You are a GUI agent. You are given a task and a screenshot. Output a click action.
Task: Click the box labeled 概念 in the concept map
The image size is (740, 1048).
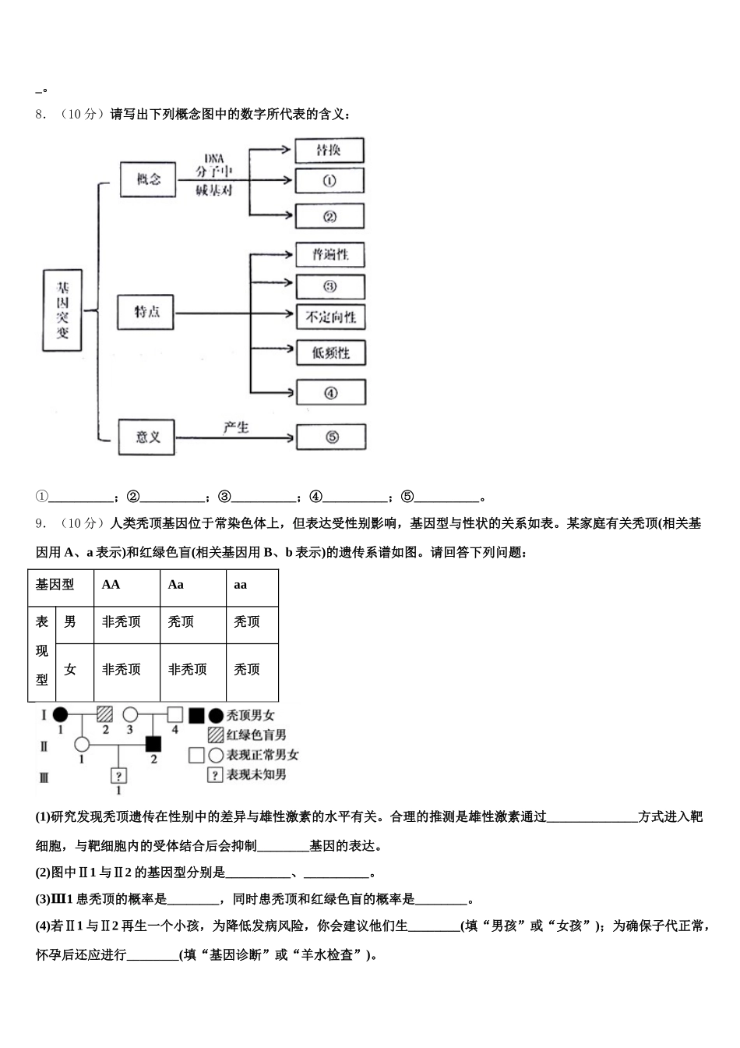(149, 179)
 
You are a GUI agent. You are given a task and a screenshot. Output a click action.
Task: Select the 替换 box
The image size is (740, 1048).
(329, 150)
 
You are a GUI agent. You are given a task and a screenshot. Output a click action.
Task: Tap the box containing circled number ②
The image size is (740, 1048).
(329, 216)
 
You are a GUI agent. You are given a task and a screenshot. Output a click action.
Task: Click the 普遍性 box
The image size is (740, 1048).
(330, 255)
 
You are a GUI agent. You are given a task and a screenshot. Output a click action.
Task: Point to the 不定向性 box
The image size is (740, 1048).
(330, 317)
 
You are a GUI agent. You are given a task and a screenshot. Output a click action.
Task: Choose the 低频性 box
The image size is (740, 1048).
(330, 352)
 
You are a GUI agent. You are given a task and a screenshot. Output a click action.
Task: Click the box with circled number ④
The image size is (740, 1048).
(330, 392)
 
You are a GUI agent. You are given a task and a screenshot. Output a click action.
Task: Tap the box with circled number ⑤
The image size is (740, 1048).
(331, 437)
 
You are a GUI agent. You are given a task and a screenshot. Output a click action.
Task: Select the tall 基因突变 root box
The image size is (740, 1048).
(62, 310)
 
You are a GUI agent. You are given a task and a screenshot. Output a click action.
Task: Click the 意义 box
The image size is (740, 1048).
(147, 437)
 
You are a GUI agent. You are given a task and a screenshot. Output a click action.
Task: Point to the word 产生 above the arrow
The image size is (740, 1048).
(235, 427)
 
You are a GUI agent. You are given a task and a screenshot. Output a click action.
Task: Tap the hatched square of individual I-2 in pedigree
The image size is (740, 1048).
(105, 714)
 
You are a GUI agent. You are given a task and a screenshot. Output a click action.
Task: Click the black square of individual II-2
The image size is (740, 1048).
(153, 743)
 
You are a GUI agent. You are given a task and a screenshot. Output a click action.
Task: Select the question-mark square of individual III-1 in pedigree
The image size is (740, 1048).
(118, 776)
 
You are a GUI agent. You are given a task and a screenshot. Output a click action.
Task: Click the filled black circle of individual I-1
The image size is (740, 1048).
(60, 714)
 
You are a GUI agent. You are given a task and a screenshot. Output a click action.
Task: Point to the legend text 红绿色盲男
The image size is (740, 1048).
(256, 735)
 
